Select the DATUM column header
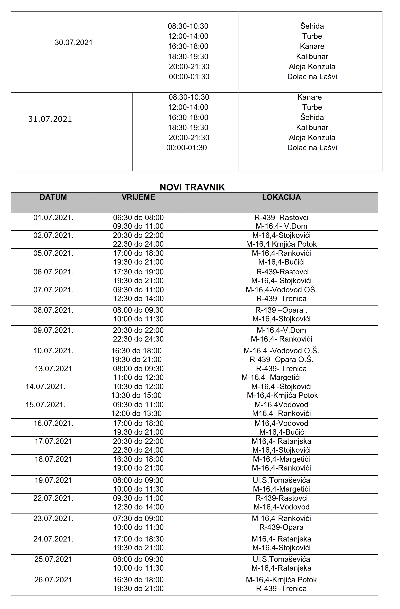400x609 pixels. tap(53, 197)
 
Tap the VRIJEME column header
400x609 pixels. tap(138, 197)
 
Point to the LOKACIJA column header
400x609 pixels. tap(281, 197)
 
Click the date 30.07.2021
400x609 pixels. tap(73, 42)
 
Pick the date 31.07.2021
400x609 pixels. tap(50, 119)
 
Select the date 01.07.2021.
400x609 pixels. tap(53, 218)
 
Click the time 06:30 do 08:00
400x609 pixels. tap(138, 218)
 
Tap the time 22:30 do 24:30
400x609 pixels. tap(138, 339)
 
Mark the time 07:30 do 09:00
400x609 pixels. tap(138, 518)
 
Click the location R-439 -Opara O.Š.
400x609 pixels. tap(281, 359)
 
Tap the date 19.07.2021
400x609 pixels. tap(53, 480)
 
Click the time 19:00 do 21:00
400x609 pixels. tap(138, 468)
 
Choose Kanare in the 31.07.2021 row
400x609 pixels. tap(309, 97)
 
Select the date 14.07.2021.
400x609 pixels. tap(45, 386)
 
